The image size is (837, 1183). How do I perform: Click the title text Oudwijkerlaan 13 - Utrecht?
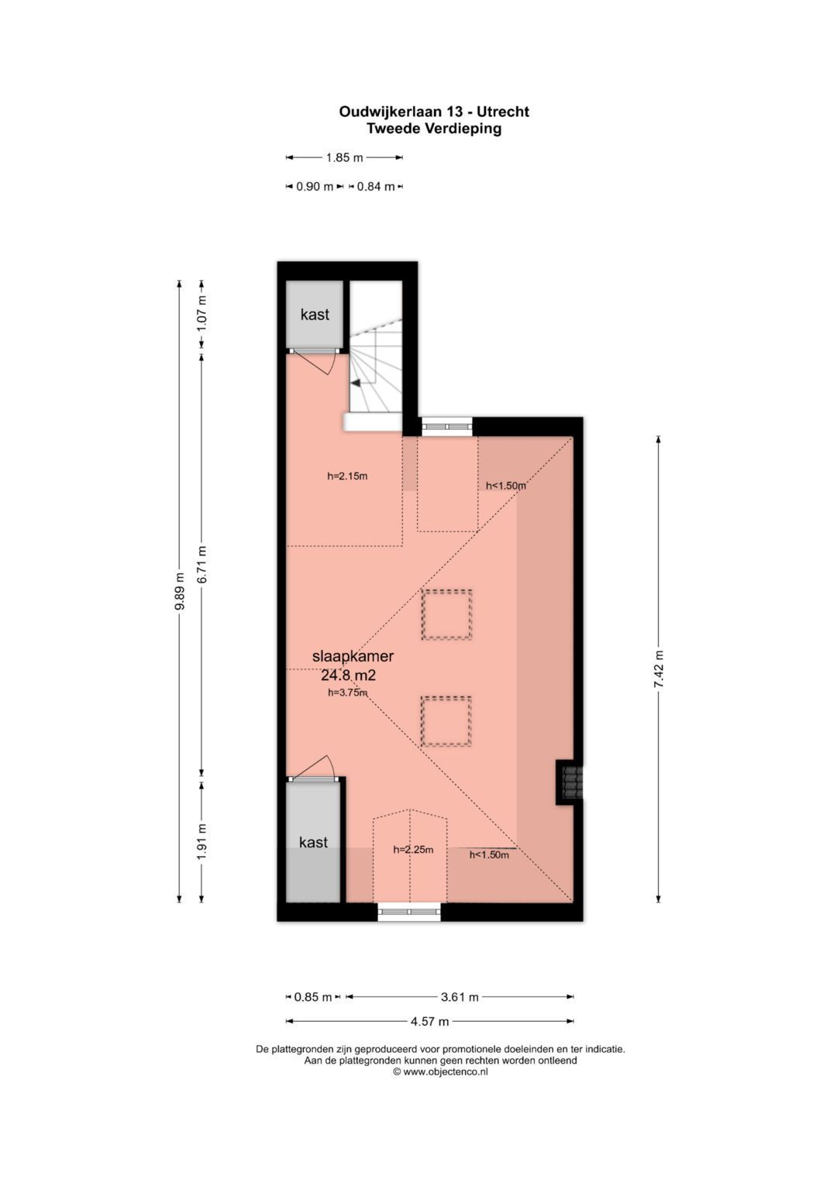point(434,112)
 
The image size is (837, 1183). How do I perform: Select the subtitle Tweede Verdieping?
point(434,129)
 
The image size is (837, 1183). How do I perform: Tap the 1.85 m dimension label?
point(344,157)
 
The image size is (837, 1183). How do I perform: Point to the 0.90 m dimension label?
point(314,186)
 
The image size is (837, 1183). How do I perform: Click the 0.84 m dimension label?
point(376,186)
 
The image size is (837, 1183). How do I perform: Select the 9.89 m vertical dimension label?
point(180,592)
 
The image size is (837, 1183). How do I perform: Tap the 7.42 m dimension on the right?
point(659,669)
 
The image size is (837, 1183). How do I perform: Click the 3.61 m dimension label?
point(460,997)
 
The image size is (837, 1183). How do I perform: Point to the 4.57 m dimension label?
point(430,1021)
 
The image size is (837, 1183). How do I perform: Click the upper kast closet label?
point(315,315)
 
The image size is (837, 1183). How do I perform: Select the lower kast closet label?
point(313,842)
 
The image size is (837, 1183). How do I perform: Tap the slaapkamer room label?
point(353,656)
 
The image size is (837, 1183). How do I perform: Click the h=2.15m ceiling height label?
point(347,476)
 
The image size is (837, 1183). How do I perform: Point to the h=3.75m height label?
point(347,693)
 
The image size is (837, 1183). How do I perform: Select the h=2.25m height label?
point(413,849)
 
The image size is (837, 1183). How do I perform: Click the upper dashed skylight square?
point(446,614)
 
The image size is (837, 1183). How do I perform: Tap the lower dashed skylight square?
point(446,721)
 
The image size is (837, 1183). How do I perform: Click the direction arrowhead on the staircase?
point(355,383)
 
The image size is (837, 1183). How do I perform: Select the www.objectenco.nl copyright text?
point(440,1072)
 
